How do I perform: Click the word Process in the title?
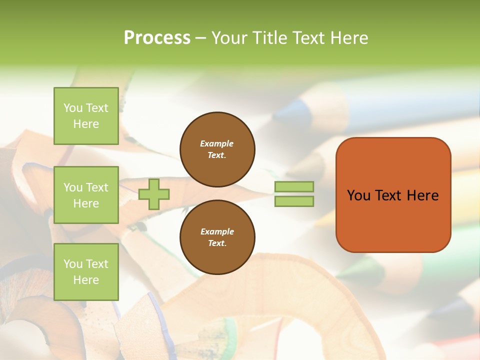(157, 38)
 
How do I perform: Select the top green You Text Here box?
(86, 116)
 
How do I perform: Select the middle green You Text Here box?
(86, 195)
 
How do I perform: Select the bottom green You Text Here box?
(86, 272)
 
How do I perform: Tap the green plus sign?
(154, 194)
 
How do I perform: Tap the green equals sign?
(294, 194)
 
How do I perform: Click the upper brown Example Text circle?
(217, 149)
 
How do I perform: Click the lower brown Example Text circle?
(217, 237)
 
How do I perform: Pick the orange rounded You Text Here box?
(393, 195)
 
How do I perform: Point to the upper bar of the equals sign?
(294, 187)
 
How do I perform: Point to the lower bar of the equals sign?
(294, 201)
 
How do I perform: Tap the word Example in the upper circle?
(217, 143)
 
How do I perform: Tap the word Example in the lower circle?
(217, 231)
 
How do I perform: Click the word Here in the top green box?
(86, 124)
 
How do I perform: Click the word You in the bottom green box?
(73, 264)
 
